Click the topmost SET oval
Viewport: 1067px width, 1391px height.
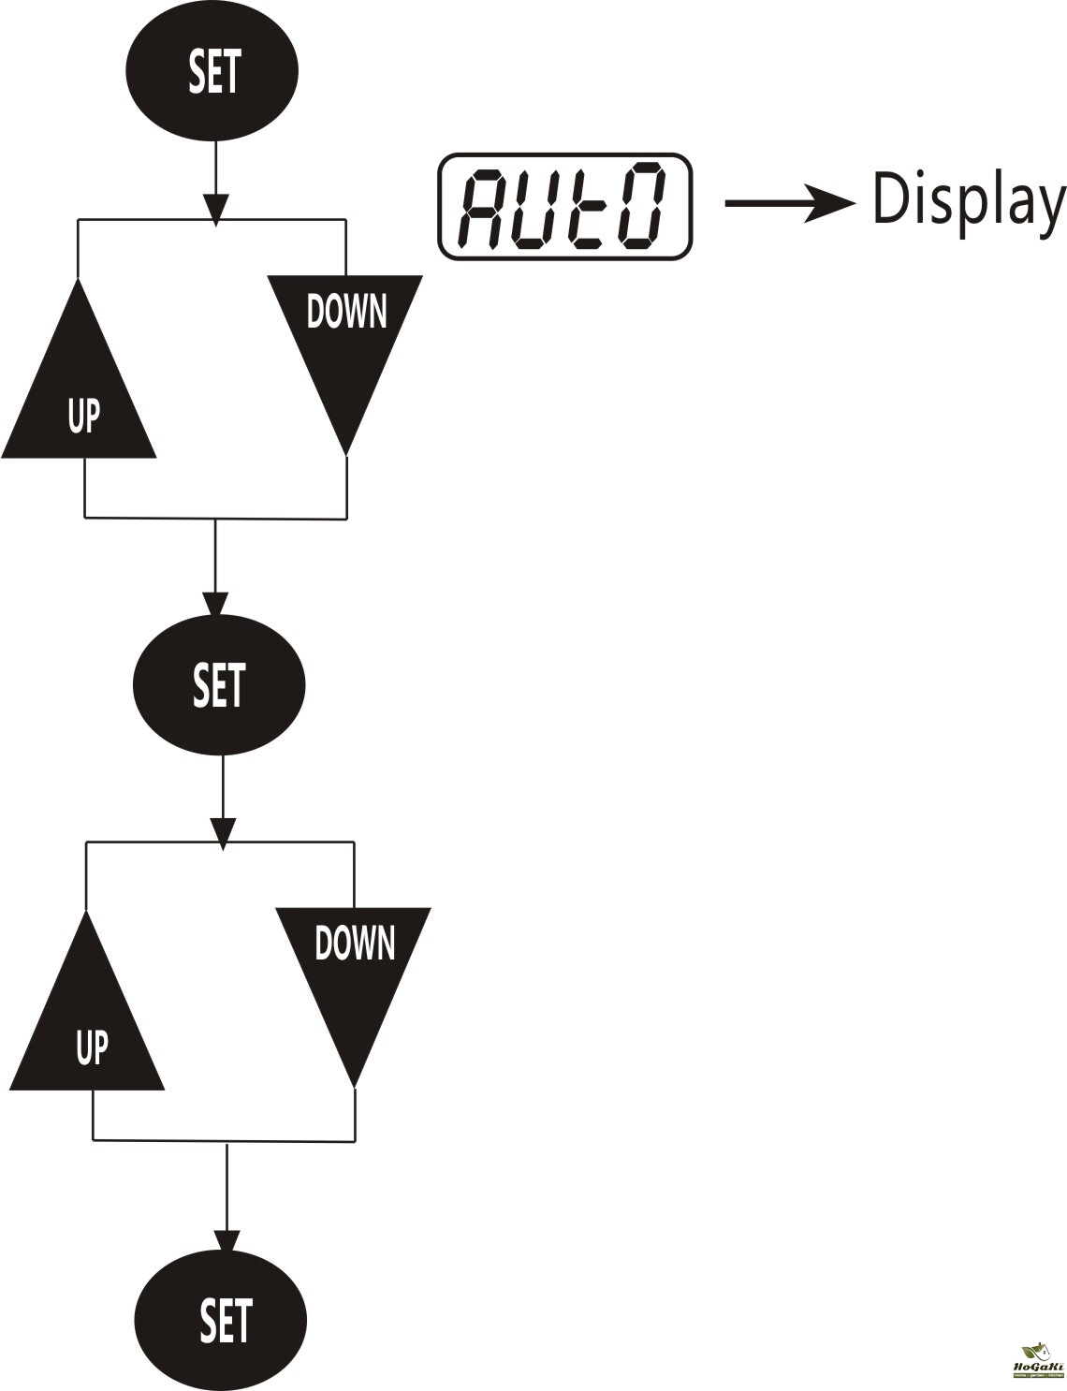(x=213, y=72)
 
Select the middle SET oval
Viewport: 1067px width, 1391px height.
(x=220, y=684)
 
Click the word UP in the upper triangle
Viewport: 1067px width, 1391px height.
(x=82, y=416)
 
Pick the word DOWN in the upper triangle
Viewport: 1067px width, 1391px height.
(x=346, y=311)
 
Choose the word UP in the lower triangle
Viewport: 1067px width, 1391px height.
(x=91, y=1047)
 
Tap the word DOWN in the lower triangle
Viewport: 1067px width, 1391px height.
(x=354, y=943)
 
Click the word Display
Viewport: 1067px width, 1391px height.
(x=968, y=201)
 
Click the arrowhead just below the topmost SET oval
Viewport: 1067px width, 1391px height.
(x=215, y=209)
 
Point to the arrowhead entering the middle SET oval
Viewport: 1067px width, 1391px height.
(x=215, y=604)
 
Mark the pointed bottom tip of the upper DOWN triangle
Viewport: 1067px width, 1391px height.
(x=345, y=453)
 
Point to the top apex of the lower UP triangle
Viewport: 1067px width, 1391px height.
(x=86, y=914)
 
